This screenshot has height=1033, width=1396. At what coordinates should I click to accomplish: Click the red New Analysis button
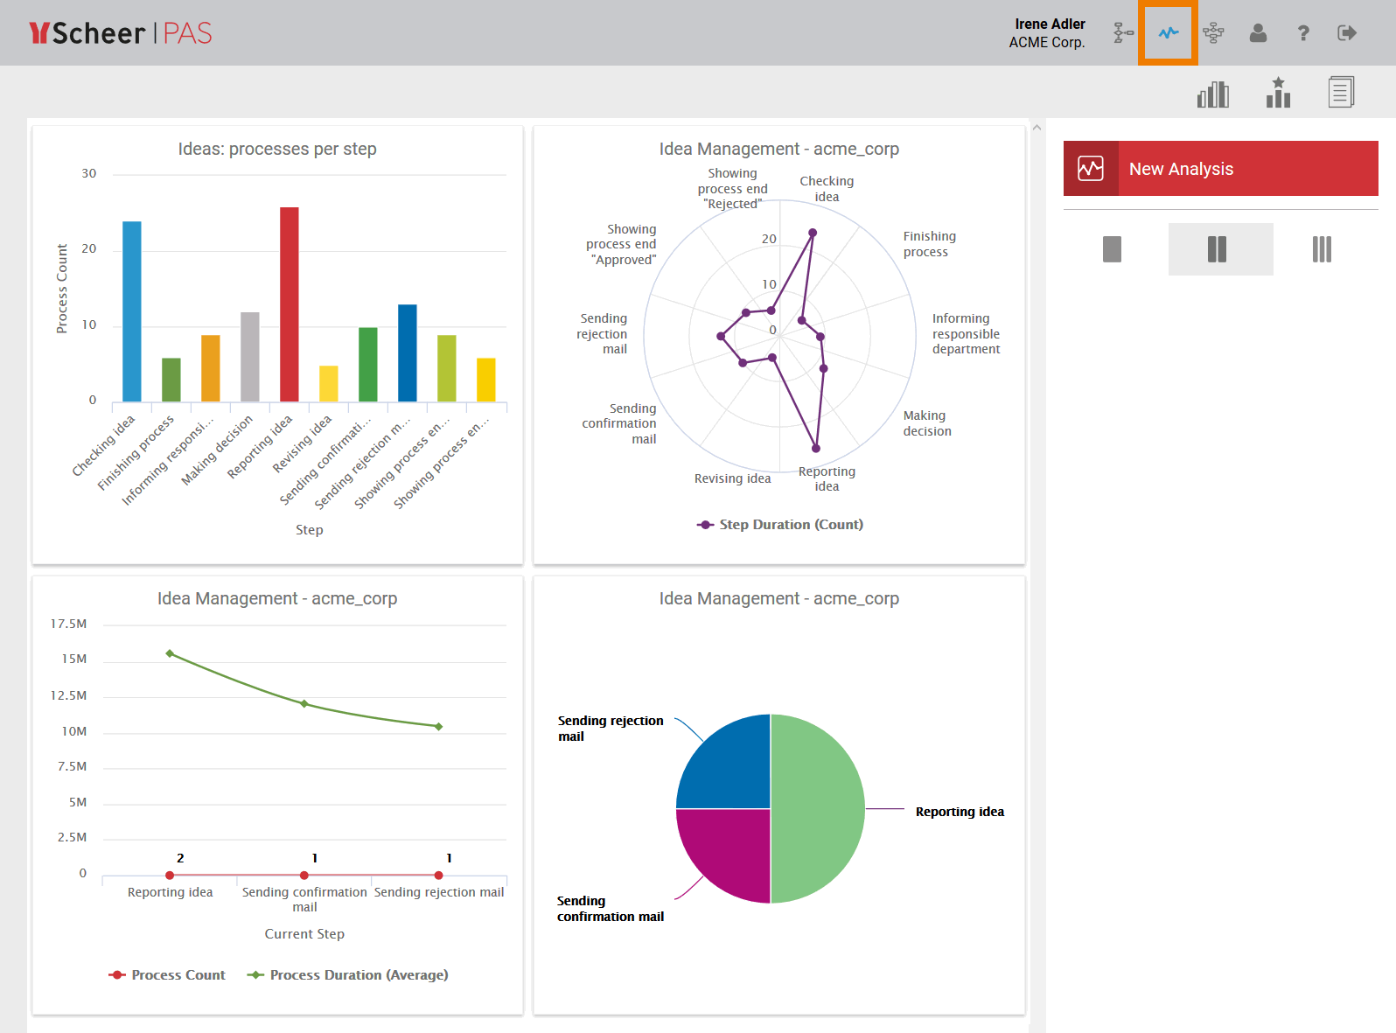click(x=1220, y=169)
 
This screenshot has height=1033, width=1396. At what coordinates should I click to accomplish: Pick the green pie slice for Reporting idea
click(x=819, y=808)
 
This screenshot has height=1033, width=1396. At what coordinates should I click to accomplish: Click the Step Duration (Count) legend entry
click(x=780, y=525)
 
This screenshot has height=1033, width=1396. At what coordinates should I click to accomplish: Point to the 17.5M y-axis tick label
click(x=68, y=624)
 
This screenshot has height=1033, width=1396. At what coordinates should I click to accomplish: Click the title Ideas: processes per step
click(x=277, y=149)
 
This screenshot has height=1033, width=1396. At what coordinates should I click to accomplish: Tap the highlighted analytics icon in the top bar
click(x=1168, y=33)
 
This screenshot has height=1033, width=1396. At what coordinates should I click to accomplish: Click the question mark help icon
click(x=1302, y=33)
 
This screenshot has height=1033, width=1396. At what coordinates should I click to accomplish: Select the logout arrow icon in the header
click(x=1347, y=33)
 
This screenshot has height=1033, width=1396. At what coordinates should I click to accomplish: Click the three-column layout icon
click(x=1322, y=249)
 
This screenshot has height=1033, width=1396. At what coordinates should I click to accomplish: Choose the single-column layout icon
click(x=1112, y=249)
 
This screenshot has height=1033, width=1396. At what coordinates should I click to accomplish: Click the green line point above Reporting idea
click(x=170, y=653)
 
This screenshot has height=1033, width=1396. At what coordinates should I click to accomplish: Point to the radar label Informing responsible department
click(x=966, y=334)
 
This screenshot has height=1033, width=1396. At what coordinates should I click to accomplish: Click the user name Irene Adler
click(x=1050, y=24)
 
